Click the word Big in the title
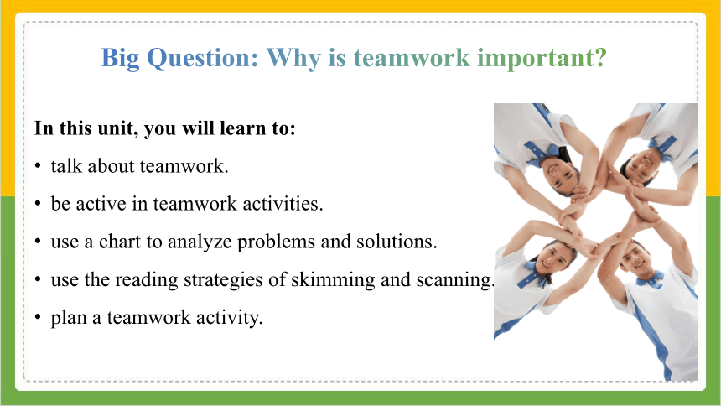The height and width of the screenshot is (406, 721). click(x=120, y=59)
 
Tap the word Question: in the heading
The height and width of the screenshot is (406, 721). click(x=202, y=59)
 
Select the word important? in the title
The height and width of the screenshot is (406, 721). click(x=542, y=59)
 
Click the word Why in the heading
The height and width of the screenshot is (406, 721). click(x=293, y=59)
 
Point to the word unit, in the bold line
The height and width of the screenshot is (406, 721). click(x=117, y=128)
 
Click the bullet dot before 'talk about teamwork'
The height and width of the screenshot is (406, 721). click(x=39, y=166)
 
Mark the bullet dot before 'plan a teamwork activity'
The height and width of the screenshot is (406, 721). click(x=39, y=317)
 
